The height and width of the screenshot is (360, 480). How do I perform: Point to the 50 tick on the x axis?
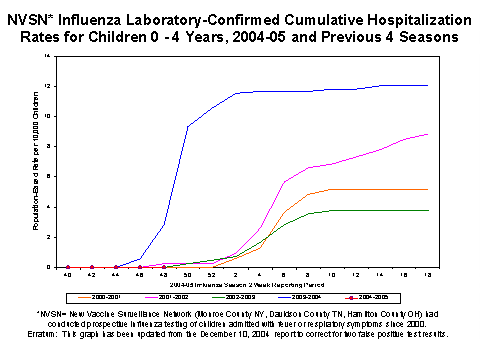(x=188, y=274)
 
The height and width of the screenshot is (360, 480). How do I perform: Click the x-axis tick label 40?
(x=68, y=274)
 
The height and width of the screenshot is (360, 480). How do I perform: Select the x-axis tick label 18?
(x=428, y=274)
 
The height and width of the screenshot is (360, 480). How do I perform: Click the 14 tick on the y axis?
(x=49, y=56)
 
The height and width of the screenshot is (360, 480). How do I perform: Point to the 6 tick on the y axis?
(x=50, y=177)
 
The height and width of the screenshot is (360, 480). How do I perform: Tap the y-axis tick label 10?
(x=49, y=116)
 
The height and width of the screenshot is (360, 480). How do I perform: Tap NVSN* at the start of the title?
(x=45, y=19)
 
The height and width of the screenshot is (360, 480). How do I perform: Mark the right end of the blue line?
(x=428, y=86)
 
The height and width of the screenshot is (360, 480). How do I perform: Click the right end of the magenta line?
(x=428, y=134)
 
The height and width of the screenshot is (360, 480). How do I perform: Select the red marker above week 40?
(x=68, y=267)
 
